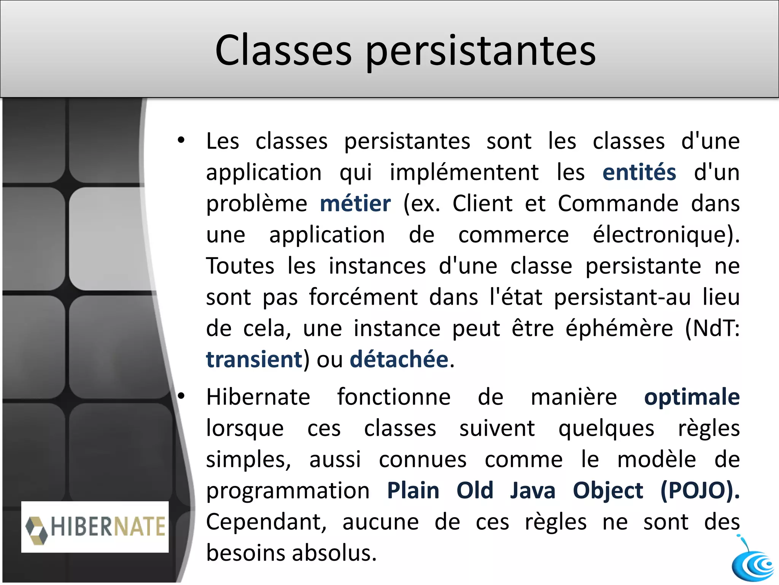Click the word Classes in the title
coord(283,50)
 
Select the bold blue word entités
coord(639,172)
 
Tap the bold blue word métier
coord(355,203)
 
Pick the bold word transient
coord(254,360)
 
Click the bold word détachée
coord(399,360)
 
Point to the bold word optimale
coord(692,397)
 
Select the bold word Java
coord(533,491)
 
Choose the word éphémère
coord(619,328)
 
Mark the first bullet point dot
coord(181,141)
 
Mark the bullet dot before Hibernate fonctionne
coord(181,396)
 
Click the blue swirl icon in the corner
coord(753,563)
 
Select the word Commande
coord(618,203)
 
